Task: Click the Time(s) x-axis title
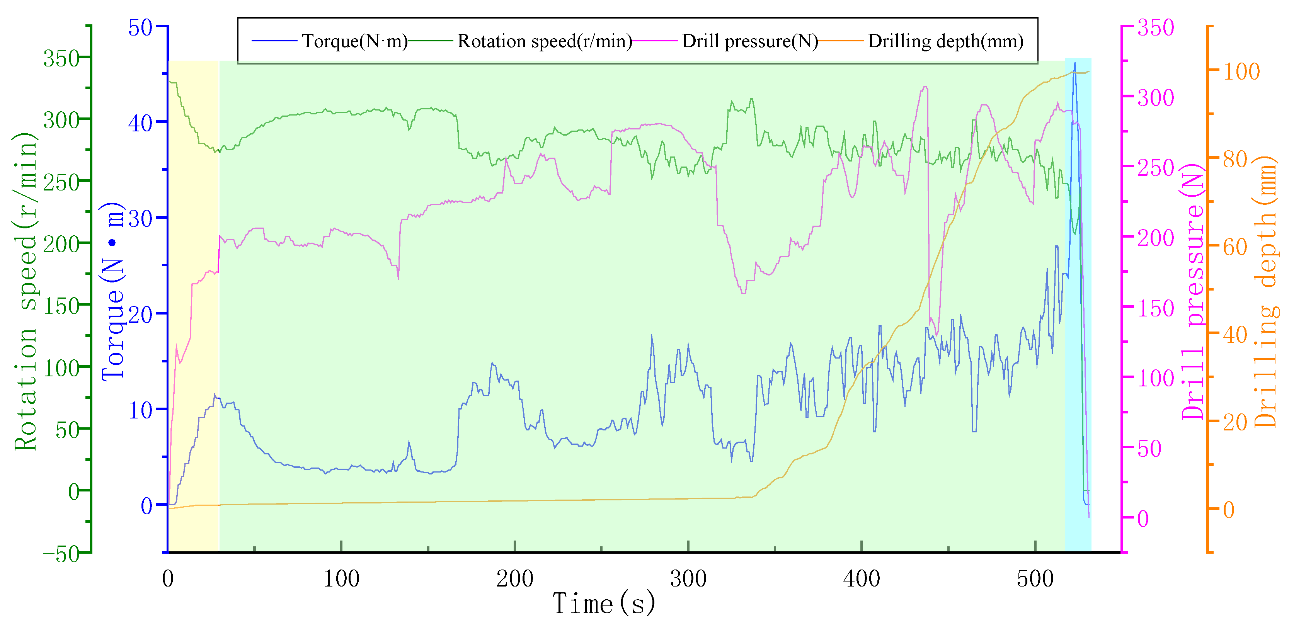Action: (x=603, y=604)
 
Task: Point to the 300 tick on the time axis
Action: (x=688, y=579)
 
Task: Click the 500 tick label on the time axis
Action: (x=1035, y=579)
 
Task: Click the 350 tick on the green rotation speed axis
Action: (x=61, y=59)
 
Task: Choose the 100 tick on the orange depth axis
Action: (x=1241, y=71)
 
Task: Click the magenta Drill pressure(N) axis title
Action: (x=1193, y=292)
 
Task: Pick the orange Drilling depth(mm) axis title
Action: (x=1266, y=292)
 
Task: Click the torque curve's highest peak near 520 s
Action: (x=1074, y=63)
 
